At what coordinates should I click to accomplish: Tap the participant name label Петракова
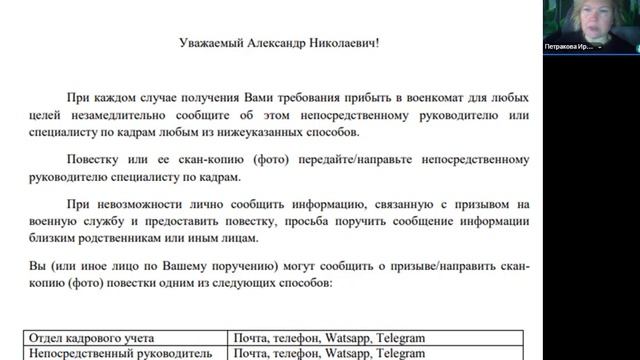[570, 46]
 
